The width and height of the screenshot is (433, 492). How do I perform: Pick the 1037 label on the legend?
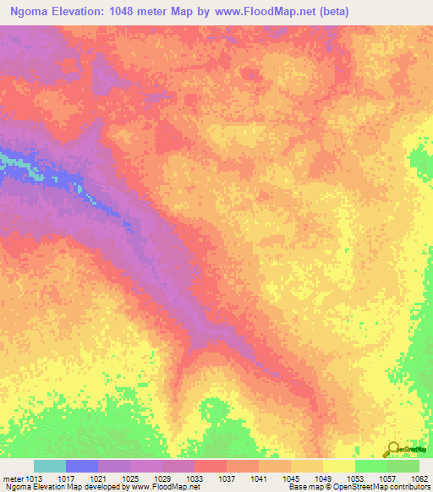click(x=227, y=478)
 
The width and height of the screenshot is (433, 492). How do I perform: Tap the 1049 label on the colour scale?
click(x=322, y=478)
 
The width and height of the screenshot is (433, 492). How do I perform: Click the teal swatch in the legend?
click(x=50, y=466)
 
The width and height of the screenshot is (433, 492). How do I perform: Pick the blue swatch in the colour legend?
click(x=82, y=466)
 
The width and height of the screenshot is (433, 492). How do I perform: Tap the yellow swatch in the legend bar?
click(x=339, y=466)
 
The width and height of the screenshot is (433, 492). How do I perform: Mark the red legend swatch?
click(x=211, y=466)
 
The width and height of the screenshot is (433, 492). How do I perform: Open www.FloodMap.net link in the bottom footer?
click(x=162, y=488)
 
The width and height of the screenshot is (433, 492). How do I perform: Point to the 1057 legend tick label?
click(x=387, y=478)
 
